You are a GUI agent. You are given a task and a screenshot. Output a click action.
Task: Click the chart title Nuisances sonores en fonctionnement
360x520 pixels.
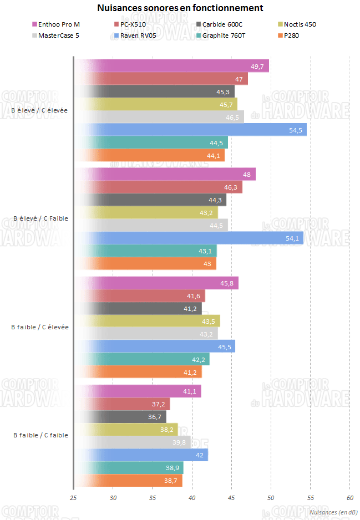coord(180,8)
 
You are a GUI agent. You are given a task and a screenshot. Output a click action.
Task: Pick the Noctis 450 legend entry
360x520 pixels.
coord(300,24)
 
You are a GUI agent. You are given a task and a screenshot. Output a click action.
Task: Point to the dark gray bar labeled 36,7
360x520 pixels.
coord(120,416)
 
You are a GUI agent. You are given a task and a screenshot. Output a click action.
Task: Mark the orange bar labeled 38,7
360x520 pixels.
coord(128,480)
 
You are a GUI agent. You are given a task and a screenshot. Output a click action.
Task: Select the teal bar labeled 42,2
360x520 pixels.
coord(141,359)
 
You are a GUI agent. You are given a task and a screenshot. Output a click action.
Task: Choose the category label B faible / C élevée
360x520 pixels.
coord(40,327)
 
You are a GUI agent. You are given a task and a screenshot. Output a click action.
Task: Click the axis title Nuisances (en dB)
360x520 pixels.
coord(333,512)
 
